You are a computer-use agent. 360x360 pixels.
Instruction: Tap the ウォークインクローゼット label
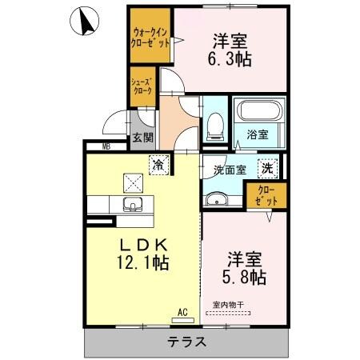pos(150,38)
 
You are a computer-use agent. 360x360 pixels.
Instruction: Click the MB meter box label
pos(106,146)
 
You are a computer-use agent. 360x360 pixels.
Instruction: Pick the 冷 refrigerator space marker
pos(158,164)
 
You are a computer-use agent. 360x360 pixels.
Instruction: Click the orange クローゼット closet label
pos(266,196)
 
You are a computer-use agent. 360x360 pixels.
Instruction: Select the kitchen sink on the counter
pos(131,206)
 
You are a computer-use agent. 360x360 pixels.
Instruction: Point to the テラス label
pos(186,342)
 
